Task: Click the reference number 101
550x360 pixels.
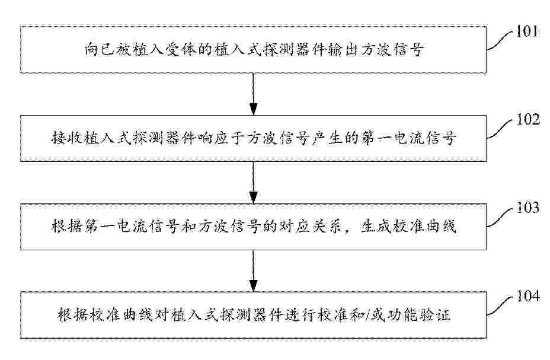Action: click(526, 31)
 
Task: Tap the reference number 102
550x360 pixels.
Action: click(527, 120)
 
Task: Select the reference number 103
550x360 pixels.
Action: click(527, 208)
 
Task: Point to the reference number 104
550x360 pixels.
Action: click(527, 296)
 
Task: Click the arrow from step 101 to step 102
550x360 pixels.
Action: click(253, 94)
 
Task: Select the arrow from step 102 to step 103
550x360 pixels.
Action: click(253, 183)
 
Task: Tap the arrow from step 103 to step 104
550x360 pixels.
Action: click(253, 270)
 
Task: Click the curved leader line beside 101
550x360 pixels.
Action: click(500, 41)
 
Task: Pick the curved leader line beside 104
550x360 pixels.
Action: click(500, 305)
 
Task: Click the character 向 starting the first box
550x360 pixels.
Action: click(92, 49)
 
